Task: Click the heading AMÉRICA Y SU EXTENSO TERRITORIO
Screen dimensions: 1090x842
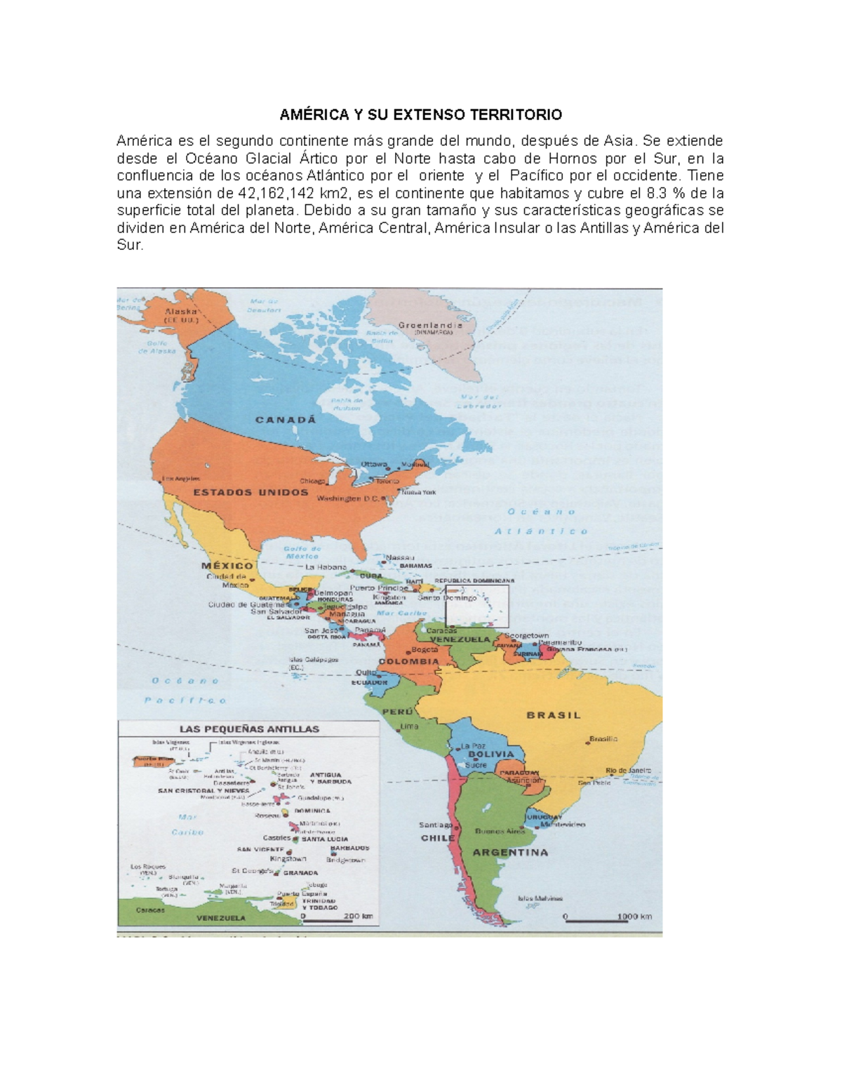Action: pyautogui.click(x=421, y=114)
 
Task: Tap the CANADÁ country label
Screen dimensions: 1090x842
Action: pyautogui.click(x=286, y=420)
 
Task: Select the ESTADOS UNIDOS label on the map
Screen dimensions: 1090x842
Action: pyautogui.click(x=250, y=493)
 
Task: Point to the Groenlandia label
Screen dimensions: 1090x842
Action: pyautogui.click(x=430, y=326)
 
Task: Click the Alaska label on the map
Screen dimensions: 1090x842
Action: pyautogui.click(x=181, y=311)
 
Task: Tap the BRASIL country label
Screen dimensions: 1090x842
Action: pyautogui.click(x=554, y=715)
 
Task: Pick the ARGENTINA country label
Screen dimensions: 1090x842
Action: pyautogui.click(x=510, y=853)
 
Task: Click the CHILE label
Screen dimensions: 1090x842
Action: pyautogui.click(x=438, y=838)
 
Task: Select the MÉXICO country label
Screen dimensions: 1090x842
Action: pyautogui.click(x=227, y=566)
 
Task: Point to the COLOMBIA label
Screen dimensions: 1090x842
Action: pyautogui.click(x=408, y=661)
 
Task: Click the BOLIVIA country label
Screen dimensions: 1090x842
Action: pyautogui.click(x=491, y=755)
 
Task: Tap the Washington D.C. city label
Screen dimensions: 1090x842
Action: pyautogui.click(x=348, y=499)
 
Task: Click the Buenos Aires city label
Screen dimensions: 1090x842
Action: pyautogui.click(x=500, y=832)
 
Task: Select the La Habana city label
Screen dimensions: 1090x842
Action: pyautogui.click(x=326, y=567)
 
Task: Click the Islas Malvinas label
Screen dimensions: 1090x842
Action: pyautogui.click(x=540, y=898)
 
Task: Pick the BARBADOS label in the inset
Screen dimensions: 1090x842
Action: pyautogui.click(x=349, y=848)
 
